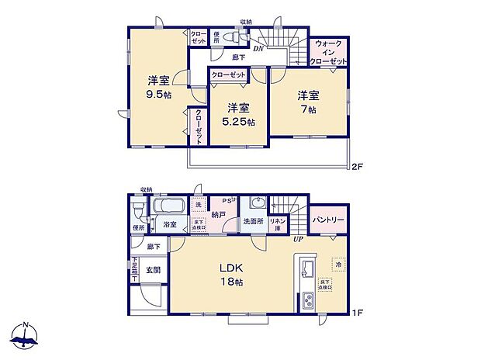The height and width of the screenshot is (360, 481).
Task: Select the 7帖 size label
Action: point(308,110)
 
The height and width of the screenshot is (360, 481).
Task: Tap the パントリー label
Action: point(328,220)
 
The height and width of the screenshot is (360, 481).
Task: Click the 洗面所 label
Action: point(253,222)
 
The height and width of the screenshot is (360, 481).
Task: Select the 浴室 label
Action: point(170,224)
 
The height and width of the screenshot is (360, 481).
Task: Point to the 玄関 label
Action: point(153,270)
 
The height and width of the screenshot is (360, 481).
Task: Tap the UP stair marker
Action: point(297,238)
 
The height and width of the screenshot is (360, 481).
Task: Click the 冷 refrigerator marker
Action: point(337,264)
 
